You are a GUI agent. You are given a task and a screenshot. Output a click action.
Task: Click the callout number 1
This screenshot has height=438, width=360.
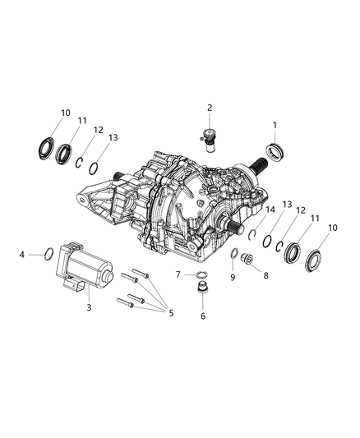[x=275, y=124]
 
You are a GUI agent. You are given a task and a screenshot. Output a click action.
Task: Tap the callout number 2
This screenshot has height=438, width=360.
[x=210, y=107]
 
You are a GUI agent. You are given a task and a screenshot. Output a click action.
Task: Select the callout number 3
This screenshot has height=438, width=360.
[x=90, y=307]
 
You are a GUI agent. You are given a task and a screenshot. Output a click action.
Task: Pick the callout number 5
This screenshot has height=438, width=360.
[x=172, y=312]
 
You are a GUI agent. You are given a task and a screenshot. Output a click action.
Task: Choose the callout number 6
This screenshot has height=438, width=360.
[x=203, y=316]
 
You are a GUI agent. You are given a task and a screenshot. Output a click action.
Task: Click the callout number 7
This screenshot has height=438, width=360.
[x=178, y=274]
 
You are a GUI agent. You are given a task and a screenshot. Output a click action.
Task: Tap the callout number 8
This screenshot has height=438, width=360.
[x=265, y=277]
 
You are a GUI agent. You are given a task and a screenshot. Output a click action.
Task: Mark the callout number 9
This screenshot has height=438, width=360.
[x=233, y=277]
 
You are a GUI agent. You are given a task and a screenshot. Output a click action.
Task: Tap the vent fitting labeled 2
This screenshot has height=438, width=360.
[x=210, y=136]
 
